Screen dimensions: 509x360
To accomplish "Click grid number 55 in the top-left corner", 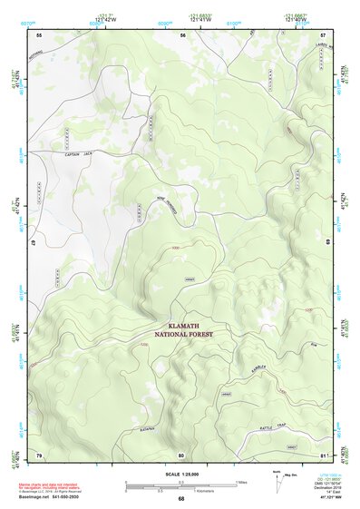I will coord(39,34).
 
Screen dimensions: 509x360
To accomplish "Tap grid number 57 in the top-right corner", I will coord(324,34).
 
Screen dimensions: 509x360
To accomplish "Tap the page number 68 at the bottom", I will coord(181,498).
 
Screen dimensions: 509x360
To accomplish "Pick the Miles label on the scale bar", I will coord(239,482).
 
